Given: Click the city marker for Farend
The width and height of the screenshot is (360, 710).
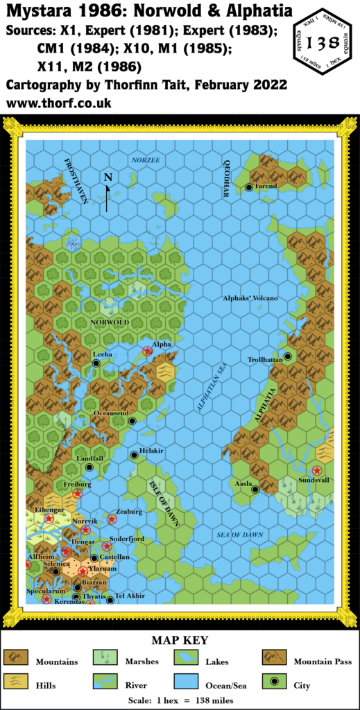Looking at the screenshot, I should [x=248, y=187].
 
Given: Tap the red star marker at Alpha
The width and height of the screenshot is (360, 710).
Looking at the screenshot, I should [x=147, y=352].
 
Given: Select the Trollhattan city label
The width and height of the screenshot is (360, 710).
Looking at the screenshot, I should [x=267, y=359].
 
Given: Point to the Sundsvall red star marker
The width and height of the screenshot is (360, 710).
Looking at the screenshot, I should [x=317, y=470].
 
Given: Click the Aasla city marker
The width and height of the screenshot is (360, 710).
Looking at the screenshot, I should [x=255, y=489].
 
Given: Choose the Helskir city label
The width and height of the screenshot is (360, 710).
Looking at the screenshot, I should [x=151, y=450].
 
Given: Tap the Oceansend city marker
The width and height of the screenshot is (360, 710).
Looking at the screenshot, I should [x=131, y=421].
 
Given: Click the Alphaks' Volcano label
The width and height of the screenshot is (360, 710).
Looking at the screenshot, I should [x=250, y=298].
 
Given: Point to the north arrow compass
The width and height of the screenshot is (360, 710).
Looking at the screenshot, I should [x=108, y=191].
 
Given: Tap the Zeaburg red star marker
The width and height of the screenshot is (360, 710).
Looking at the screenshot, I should [x=112, y=519].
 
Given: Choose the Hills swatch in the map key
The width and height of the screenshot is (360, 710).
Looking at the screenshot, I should [x=15, y=682].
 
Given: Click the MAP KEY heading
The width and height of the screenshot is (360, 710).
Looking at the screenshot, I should [x=180, y=640].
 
